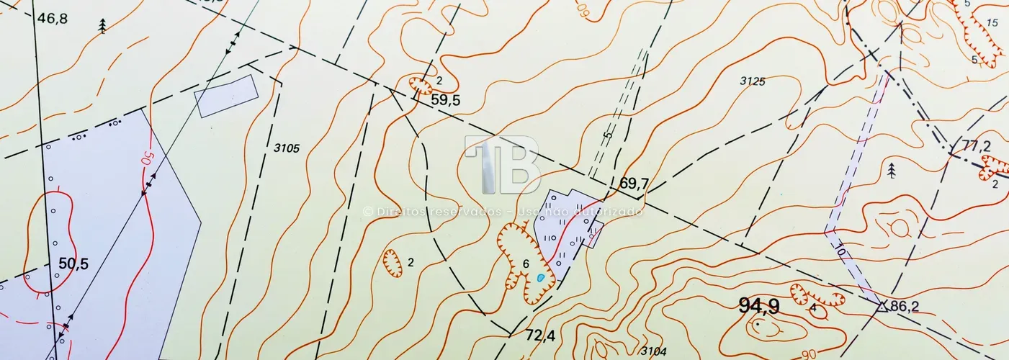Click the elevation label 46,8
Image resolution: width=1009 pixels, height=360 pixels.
point(53,19)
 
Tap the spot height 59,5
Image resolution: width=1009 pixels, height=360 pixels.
point(445,101)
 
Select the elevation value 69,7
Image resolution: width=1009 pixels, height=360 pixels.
point(634,184)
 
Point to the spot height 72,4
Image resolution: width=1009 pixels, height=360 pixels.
point(540,335)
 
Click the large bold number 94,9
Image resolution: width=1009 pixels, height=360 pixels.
point(759,306)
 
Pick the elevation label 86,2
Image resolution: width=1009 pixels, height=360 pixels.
point(905,307)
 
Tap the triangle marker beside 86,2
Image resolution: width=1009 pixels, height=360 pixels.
point(882,306)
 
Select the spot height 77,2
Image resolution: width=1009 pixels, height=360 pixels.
point(977,146)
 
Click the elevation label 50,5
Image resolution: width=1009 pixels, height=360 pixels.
point(73,264)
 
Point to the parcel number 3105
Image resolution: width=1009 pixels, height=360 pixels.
point(287,148)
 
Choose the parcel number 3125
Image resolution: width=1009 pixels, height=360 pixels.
point(752,81)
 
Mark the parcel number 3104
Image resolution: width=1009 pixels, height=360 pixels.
point(653,351)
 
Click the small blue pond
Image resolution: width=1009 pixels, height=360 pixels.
point(540,277)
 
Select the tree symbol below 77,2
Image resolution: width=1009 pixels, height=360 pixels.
point(892,171)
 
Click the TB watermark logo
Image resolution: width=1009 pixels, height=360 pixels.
point(503,165)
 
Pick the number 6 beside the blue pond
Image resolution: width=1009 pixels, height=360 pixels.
point(526,264)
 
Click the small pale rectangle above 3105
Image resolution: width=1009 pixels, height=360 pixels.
point(226,95)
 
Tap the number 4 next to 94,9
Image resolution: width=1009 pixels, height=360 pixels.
point(813,308)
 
